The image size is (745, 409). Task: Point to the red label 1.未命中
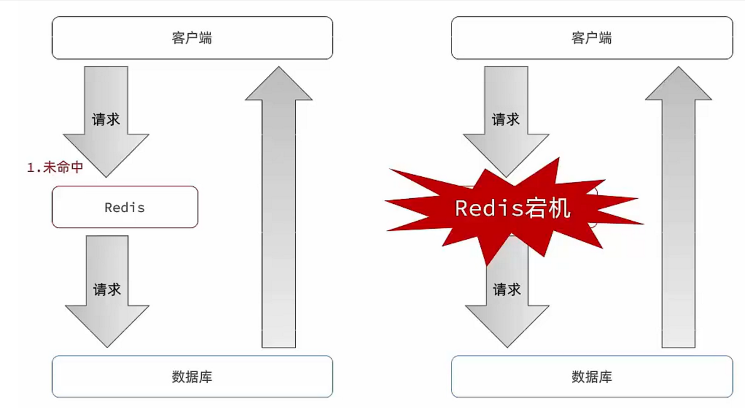[x=55, y=167]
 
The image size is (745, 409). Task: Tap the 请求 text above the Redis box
[x=105, y=119]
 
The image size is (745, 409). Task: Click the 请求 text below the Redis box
[x=107, y=290]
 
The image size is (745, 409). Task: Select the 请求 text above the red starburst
[x=505, y=119]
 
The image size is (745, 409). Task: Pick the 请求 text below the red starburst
[x=507, y=290]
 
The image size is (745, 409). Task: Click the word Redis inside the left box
[x=125, y=208]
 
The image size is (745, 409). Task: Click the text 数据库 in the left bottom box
[x=192, y=376]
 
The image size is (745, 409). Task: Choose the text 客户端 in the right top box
[x=591, y=38]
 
